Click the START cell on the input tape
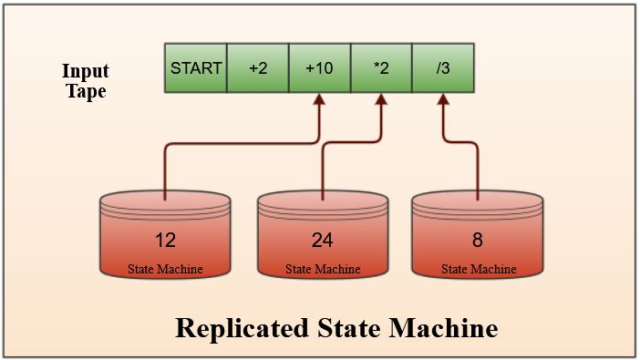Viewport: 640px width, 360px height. pyautogui.click(x=194, y=68)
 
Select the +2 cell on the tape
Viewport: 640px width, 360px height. pyautogui.click(x=257, y=68)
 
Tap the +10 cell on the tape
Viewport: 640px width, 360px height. pyautogui.click(x=319, y=68)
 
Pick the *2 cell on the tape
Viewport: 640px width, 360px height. pyautogui.click(x=381, y=68)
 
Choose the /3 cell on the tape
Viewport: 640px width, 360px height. pyautogui.click(x=443, y=68)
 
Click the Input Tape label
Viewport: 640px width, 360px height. pyautogui.click(x=85, y=81)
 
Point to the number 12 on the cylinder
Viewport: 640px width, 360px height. pyautogui.click(x=165, y=241)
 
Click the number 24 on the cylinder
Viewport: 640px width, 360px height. pyautogui.click(x=322, y=241)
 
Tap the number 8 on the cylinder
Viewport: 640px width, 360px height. pyautogui.click(x=478, y=241)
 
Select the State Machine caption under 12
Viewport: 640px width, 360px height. pyautogui.click(x=165, y=269)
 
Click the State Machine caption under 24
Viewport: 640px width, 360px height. pyautogui.click(x=322, y=269)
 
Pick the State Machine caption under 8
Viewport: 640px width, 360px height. pyautogui.click(x=478, y=269)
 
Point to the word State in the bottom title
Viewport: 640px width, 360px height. pyautogui.click(x=350, y=327)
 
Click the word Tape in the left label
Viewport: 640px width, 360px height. pyautogui.click(x=85, y=91)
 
